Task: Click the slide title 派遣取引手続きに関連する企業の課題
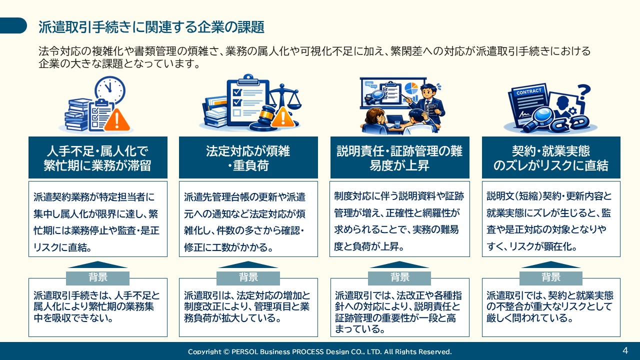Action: (x=151, y=27)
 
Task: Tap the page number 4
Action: (x=625, y=350)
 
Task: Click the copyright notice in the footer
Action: (x=319, y=351)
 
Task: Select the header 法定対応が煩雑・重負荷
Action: (x=248, y=158)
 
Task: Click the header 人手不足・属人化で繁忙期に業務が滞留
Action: (x=97, y=158)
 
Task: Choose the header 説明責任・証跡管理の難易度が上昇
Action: (x=399, y=158)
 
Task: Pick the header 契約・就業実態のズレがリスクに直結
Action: (x=551, y=158)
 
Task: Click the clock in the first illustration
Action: (x=109, y=90)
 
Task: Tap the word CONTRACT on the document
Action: (x=528, y=92)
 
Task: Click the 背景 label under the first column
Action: (x=97, y=277)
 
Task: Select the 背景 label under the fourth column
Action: (x=551, y=277)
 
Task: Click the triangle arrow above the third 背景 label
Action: (x=399, y=265)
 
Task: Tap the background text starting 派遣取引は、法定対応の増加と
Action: (x=248, y=306)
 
